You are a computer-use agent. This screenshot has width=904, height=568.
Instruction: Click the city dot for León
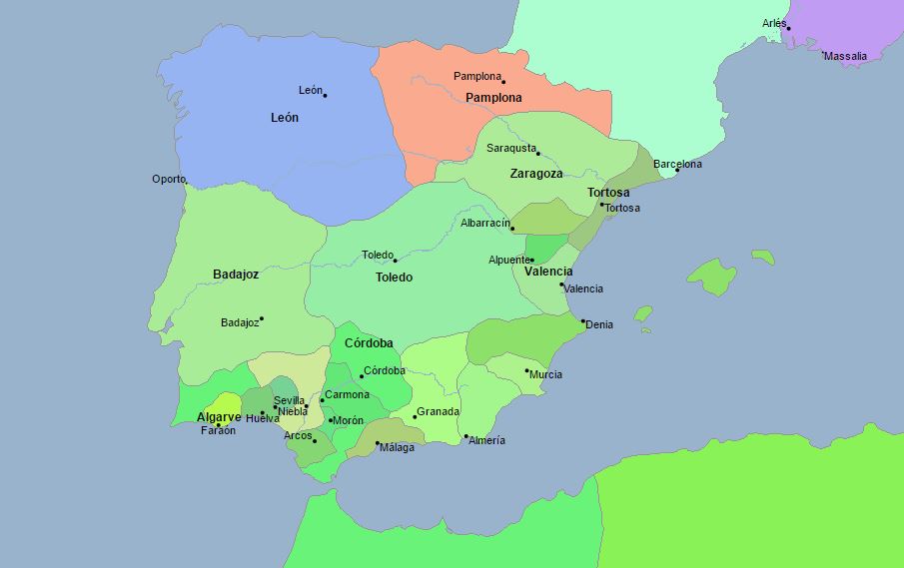[325, 95]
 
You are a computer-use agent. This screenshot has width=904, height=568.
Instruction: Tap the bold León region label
[285, 117]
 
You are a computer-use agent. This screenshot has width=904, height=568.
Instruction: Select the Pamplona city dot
[503, 82]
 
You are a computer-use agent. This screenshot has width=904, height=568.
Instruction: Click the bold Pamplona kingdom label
[493, 98]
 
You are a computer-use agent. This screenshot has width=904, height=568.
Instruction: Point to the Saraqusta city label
[510, 148]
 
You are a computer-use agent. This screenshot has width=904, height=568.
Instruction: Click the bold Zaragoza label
[536, 173]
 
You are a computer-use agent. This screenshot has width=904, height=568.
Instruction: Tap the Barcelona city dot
[677, 170]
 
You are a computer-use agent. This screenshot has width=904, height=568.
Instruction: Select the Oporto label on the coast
[169, 179]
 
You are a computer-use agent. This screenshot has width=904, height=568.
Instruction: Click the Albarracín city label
[484, 223]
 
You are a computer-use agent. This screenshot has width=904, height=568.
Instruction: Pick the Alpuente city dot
[531, 260]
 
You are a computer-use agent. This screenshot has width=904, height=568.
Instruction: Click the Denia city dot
[583, 320]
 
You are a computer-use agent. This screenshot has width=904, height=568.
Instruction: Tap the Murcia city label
[546, 374]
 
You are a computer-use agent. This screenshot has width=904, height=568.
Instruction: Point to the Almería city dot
[465, 436]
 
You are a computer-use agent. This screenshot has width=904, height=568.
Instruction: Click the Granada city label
[439, 411]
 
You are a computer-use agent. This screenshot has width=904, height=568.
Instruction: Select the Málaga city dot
[378, 443]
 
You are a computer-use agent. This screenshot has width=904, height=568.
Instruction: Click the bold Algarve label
[219, 416]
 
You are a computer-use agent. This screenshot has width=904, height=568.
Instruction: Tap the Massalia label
[845, 56]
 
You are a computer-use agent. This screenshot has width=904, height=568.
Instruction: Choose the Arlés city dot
[788, 28]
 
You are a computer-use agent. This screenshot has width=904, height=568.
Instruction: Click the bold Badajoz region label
[236, 274]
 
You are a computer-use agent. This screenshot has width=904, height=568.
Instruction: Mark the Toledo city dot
[395, 261]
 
